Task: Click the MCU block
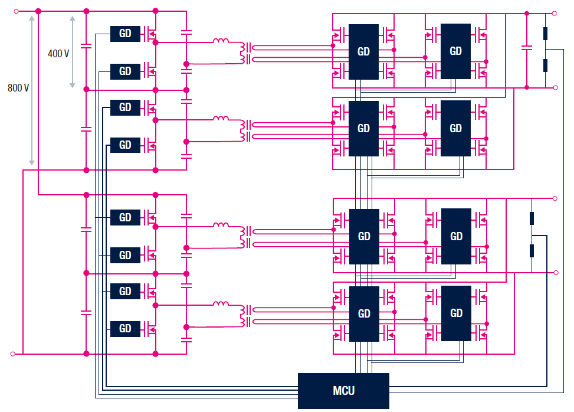[x=343, y=391]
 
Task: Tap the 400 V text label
[x=58, y=54]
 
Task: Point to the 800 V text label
[x=18, y=88]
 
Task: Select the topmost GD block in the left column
[x=125, y=34]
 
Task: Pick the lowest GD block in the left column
[x=125, y=329]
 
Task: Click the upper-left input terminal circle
[x=16, y=11]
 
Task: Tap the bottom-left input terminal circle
[x=13, y=354]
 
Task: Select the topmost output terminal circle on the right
[x=554, y=14]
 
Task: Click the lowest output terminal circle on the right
[x=556, y=273]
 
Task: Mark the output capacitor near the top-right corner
[x=526, y=48]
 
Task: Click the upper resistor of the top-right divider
[x=545, y=33]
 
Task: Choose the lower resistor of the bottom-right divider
[x=532, y=251]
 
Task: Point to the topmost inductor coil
[x=221, y=41]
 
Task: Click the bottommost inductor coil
[x=221, y=303]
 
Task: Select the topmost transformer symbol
[x=245, y=53]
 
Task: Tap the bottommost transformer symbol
[x=245, y=316]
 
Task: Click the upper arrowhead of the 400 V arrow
[x=73, y=18]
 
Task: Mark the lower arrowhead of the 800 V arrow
[x=32, y=162]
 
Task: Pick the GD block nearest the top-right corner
[x=455, y=51]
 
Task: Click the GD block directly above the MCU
[x=364, y=313]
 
